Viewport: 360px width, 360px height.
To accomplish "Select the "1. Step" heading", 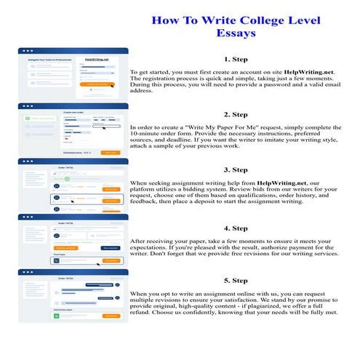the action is (x=236, y=59).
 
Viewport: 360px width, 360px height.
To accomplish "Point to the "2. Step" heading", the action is (x=236, y=114).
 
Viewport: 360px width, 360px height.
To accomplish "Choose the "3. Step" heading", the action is (x=236, y=169).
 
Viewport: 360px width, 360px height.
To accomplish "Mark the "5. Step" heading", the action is (x=236, y=280).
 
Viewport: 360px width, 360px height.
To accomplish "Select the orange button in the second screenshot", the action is (x=110, y=153).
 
